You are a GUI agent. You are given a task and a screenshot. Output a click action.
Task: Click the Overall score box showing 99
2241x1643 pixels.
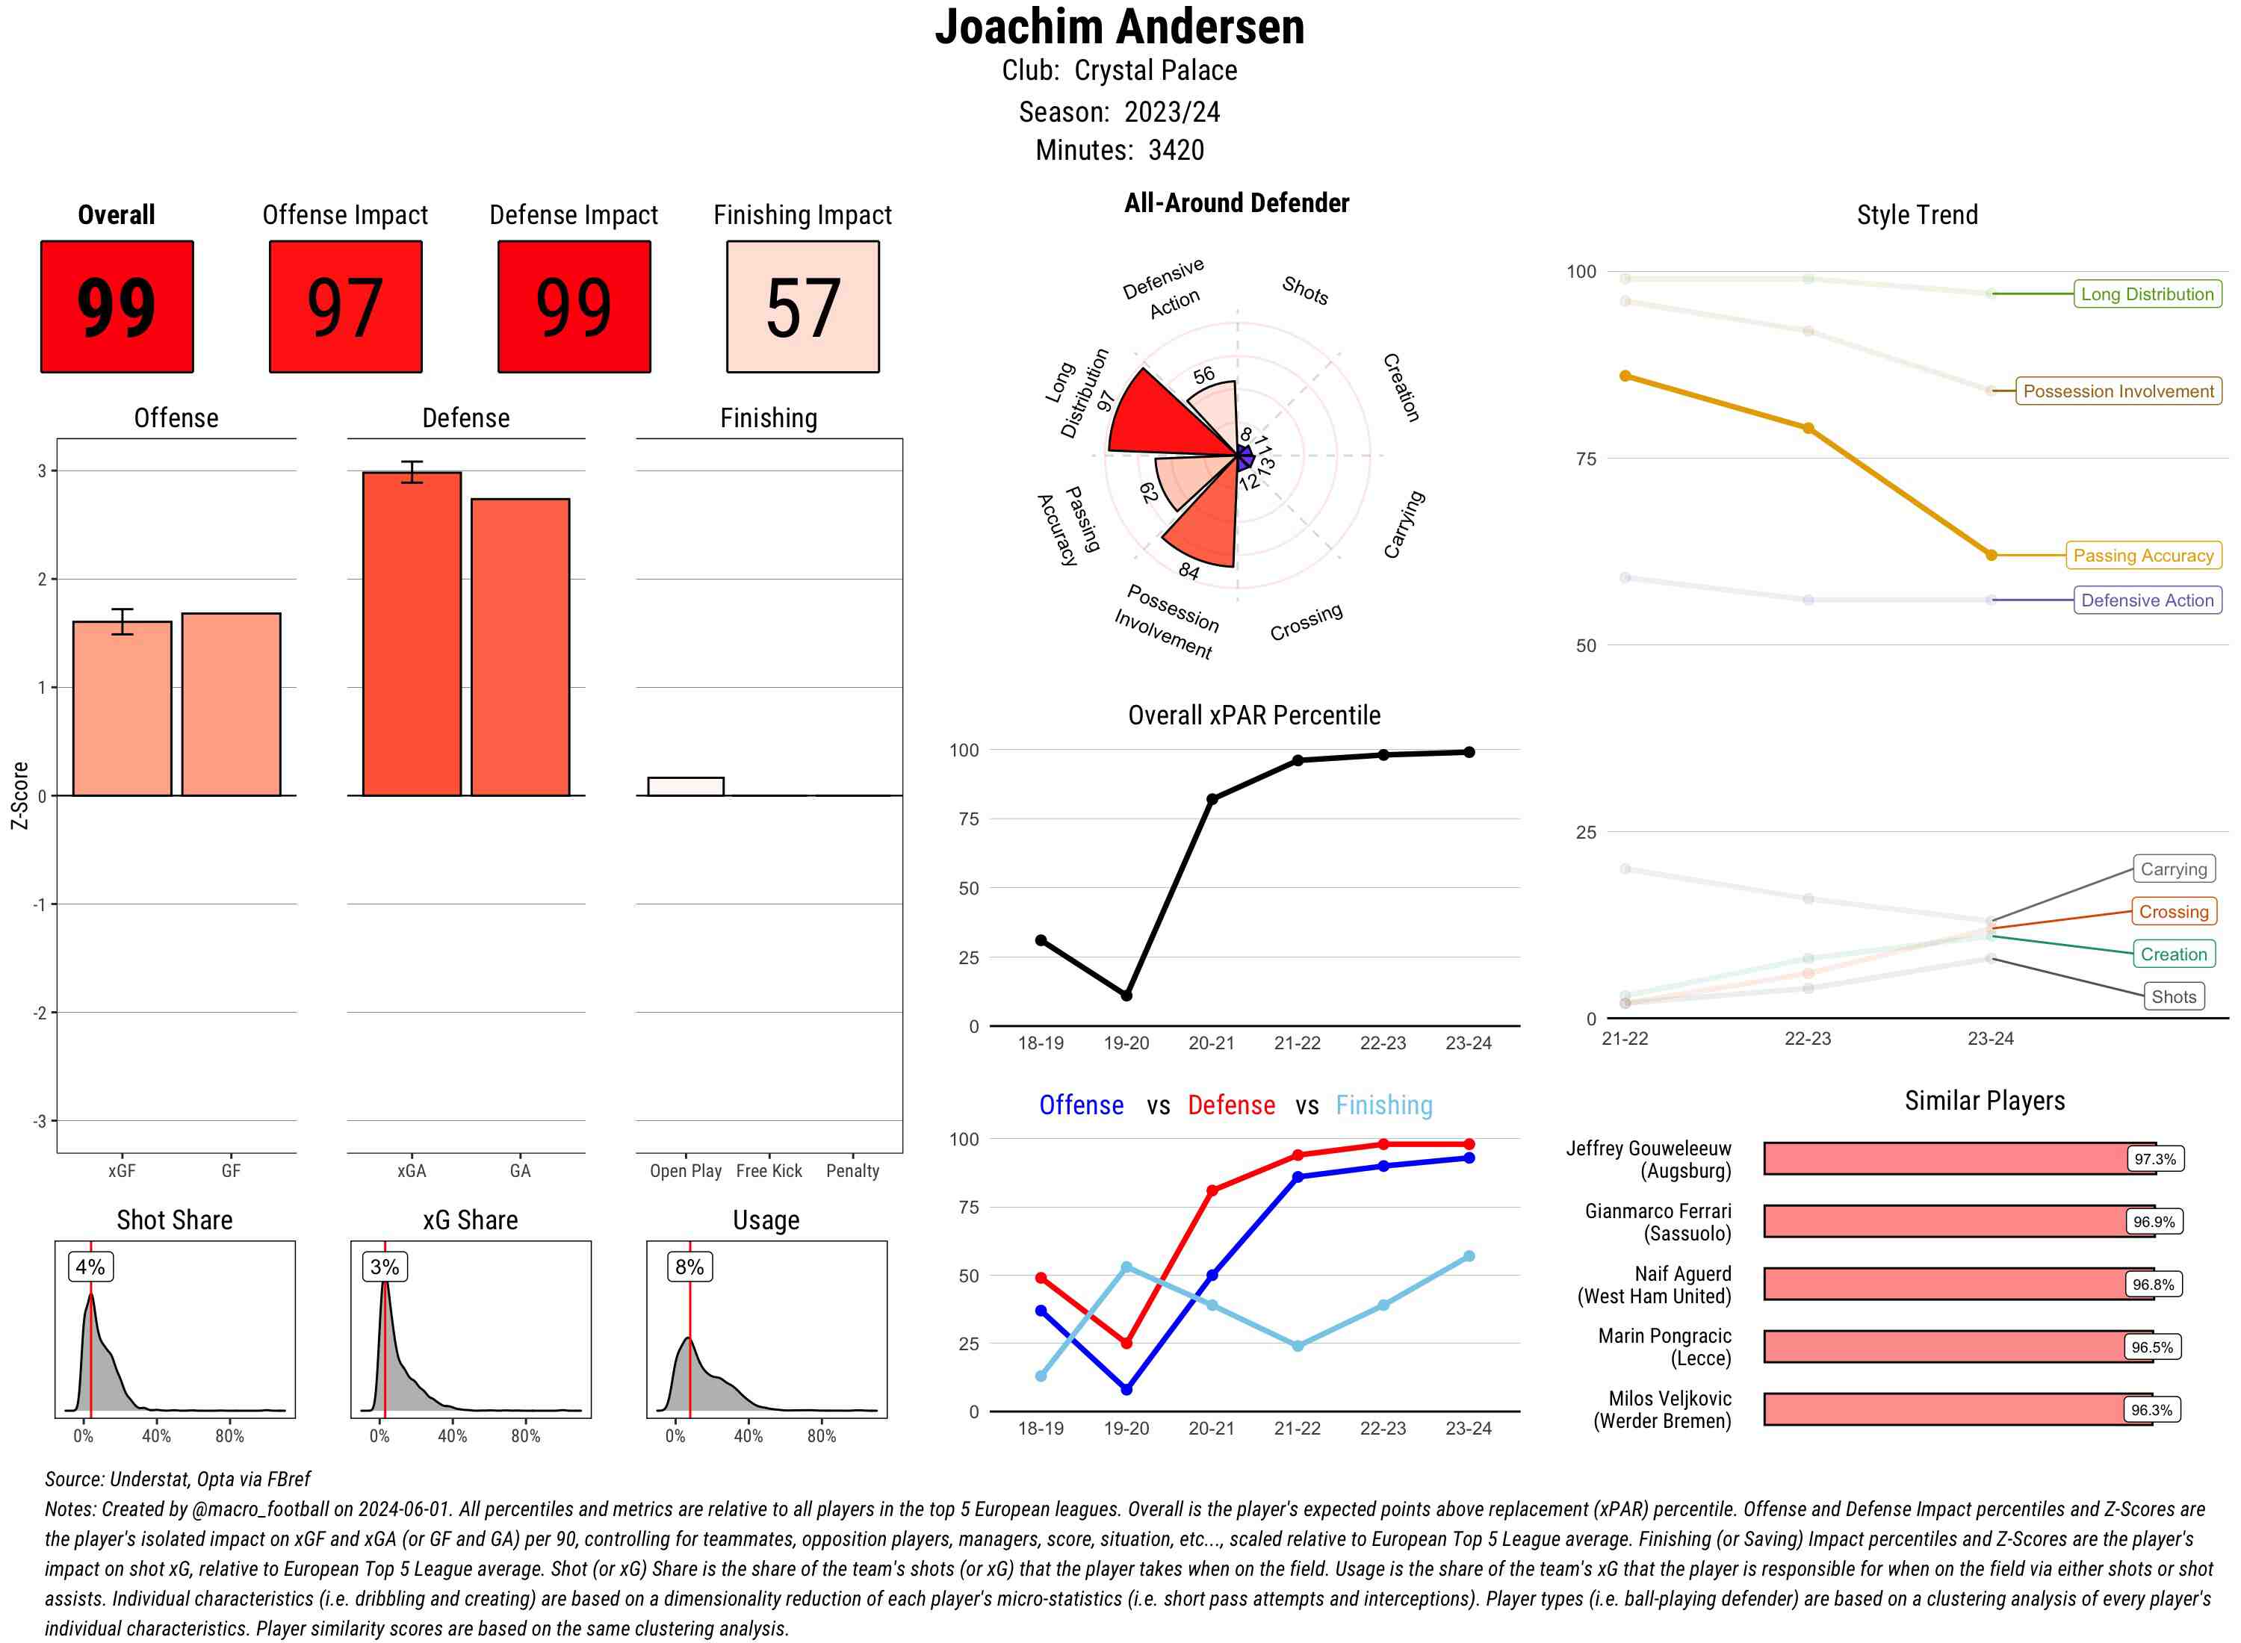(x=117, y=306)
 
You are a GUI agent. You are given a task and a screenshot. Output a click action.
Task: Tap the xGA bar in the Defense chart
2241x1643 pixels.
(x=412, y=633)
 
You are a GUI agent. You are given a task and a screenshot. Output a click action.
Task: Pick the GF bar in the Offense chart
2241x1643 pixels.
(x=231, y=704)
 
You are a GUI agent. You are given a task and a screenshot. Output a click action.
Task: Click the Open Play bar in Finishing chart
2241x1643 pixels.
(x=685, y=786)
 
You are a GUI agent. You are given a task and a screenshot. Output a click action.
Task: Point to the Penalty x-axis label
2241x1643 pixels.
(x=852, y=1170)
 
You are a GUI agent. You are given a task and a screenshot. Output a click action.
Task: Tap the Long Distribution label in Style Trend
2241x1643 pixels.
(x=2147, y=294)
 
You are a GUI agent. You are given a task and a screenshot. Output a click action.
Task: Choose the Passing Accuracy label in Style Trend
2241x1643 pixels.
(x=2142, y=556)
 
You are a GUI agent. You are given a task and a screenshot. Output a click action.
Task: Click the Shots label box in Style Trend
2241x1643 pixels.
(x=2173, y=996)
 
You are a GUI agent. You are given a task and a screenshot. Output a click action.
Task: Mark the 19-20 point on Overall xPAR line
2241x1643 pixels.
(x=1126, y=996)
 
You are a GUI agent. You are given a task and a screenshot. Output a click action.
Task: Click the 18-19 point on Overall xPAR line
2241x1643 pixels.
(x=1041, y=939)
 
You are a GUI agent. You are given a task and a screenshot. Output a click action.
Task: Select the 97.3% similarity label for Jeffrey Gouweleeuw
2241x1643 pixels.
(x=2154, y=1158)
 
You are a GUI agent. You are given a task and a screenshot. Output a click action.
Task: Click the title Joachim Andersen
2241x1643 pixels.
(x=1119, y=27)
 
